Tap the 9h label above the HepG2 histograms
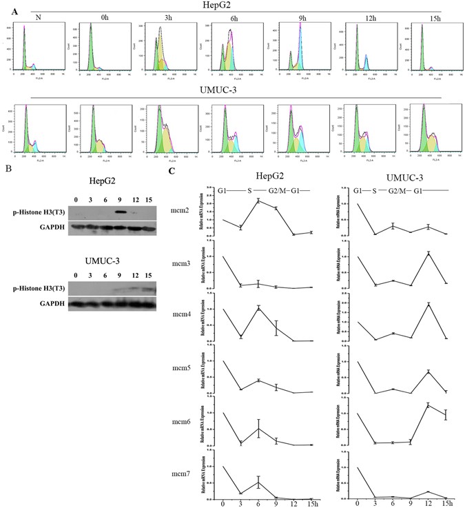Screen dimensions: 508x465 (x=303, y=17)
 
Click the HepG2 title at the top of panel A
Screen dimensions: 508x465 (x=231, y=6)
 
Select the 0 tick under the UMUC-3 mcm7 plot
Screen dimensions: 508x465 (x=358, y=503)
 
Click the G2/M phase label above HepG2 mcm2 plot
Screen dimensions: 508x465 (x=275, y=189)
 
